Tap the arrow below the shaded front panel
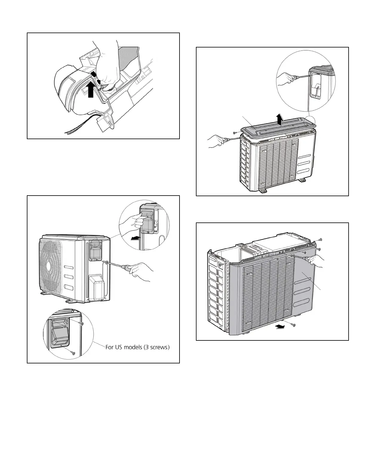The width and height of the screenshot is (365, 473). [280, 327]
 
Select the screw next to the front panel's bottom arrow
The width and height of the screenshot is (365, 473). [293, 325]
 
